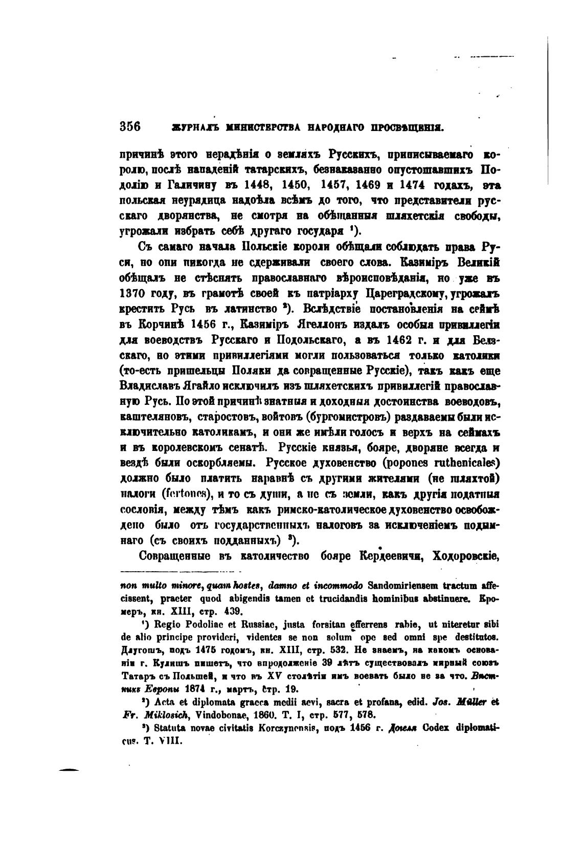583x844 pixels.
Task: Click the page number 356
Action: pos(130,126)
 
